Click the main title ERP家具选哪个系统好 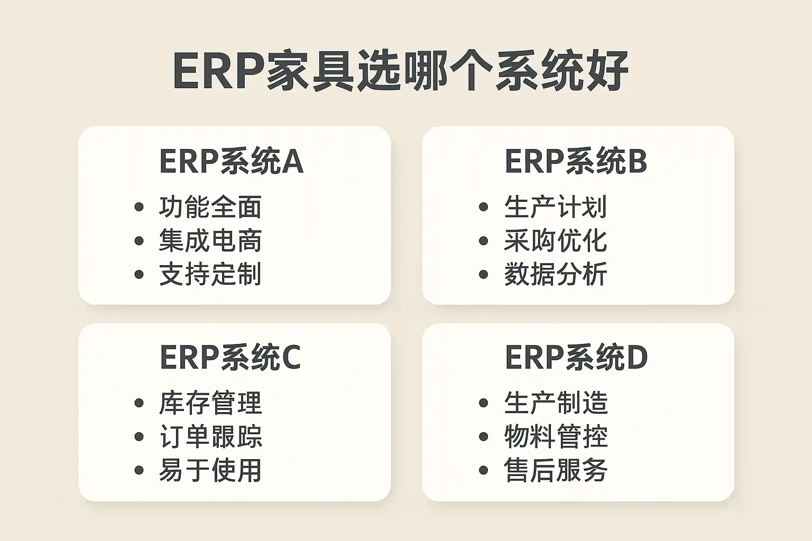point(401,71)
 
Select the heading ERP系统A point(231,162)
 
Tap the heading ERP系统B point(576,162)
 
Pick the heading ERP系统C point(230,358)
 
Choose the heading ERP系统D point(576,358)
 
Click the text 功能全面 point(210,207)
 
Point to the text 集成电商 point(210,240)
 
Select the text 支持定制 point(210,274)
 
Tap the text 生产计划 point(556,207)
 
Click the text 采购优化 point(556,240)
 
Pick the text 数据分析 point(556,274)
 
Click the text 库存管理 point(210,403)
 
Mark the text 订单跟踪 point(210,436)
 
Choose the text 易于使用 point(210,470)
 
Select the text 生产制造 point(556,403)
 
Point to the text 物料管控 point(556,436)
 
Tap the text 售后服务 point(556,470)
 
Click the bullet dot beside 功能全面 point(139,207)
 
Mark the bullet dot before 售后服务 point(483,470)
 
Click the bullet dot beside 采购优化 point(483,240)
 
